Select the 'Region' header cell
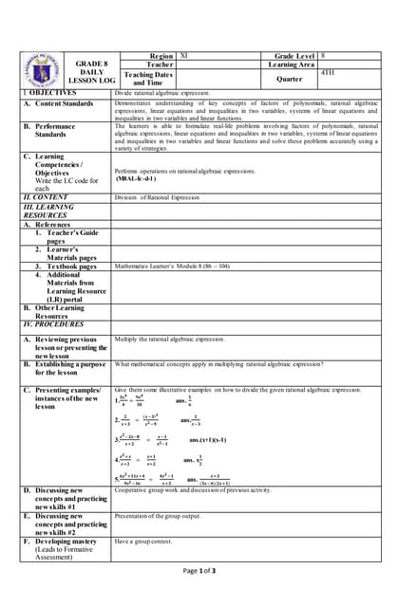[x=161, y=57]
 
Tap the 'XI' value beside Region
[x=184, y=57]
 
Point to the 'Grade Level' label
[x=294, y=57]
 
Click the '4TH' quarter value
[x=329, y=73]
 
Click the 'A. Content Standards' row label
[x=59, y=103]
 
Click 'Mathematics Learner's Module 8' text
[x=171, y=267]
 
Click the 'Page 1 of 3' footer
[x=199, y=571]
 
